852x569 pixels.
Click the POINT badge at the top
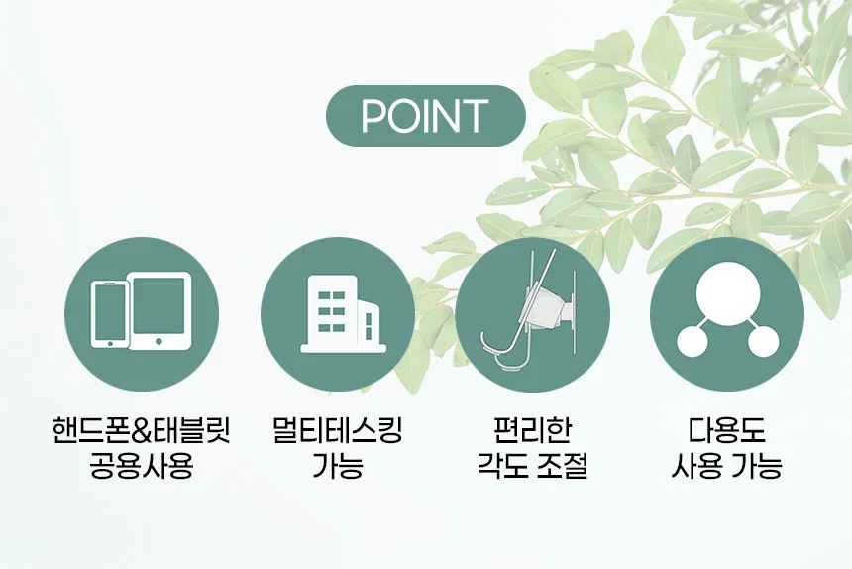pos(425,116)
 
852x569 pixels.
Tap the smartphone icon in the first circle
pos(110,313)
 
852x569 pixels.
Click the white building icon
pos(343,314)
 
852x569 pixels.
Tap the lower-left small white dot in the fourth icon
pos(692,341)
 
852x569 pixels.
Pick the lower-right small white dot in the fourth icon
pos(764,341)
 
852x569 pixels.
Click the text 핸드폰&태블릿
pos(142,431)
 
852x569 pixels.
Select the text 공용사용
pos(142,466)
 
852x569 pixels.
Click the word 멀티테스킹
pos(338,431)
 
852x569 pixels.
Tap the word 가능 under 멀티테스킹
pos(338,466)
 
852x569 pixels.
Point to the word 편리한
pos(533,431)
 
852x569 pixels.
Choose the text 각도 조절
pos(533,466)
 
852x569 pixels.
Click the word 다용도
pos(727,431)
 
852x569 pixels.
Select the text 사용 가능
pos(727,466)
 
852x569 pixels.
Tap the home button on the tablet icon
pos(159,341)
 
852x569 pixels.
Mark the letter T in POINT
pos(472,116)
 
